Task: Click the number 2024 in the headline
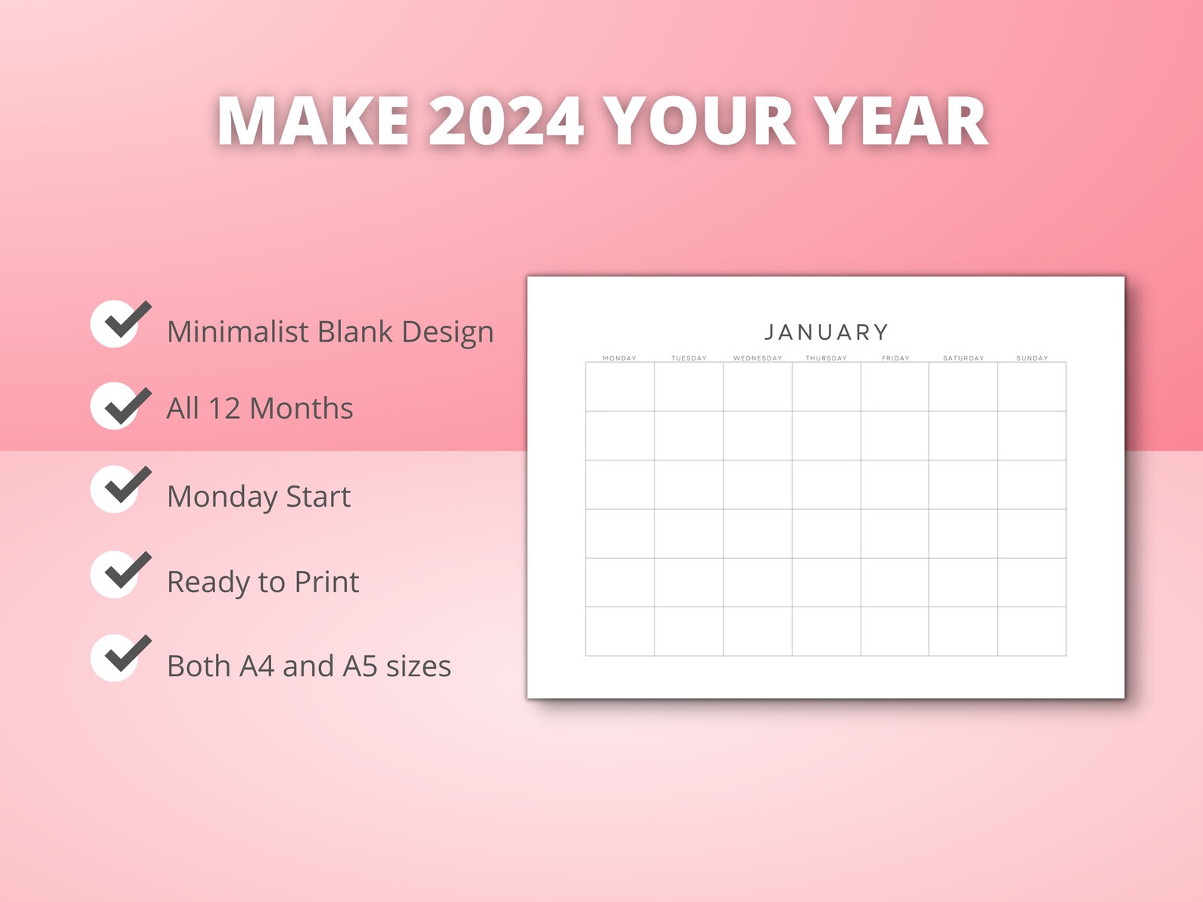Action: point(506,121)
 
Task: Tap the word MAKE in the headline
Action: point(313,121)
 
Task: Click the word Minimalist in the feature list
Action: point(237,332)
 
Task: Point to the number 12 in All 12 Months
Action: point(223,408)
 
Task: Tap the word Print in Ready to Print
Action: point(327,582)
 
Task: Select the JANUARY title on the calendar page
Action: point(826,332)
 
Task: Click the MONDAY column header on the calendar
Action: point(619,358)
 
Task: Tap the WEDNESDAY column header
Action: point(757,358)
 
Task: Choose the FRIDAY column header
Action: point(895,358)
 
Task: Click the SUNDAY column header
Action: point(1032,358)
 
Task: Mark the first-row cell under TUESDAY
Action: point(689,387)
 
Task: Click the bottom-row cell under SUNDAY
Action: point(1032,631)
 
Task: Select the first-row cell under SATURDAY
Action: point(963,387)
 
